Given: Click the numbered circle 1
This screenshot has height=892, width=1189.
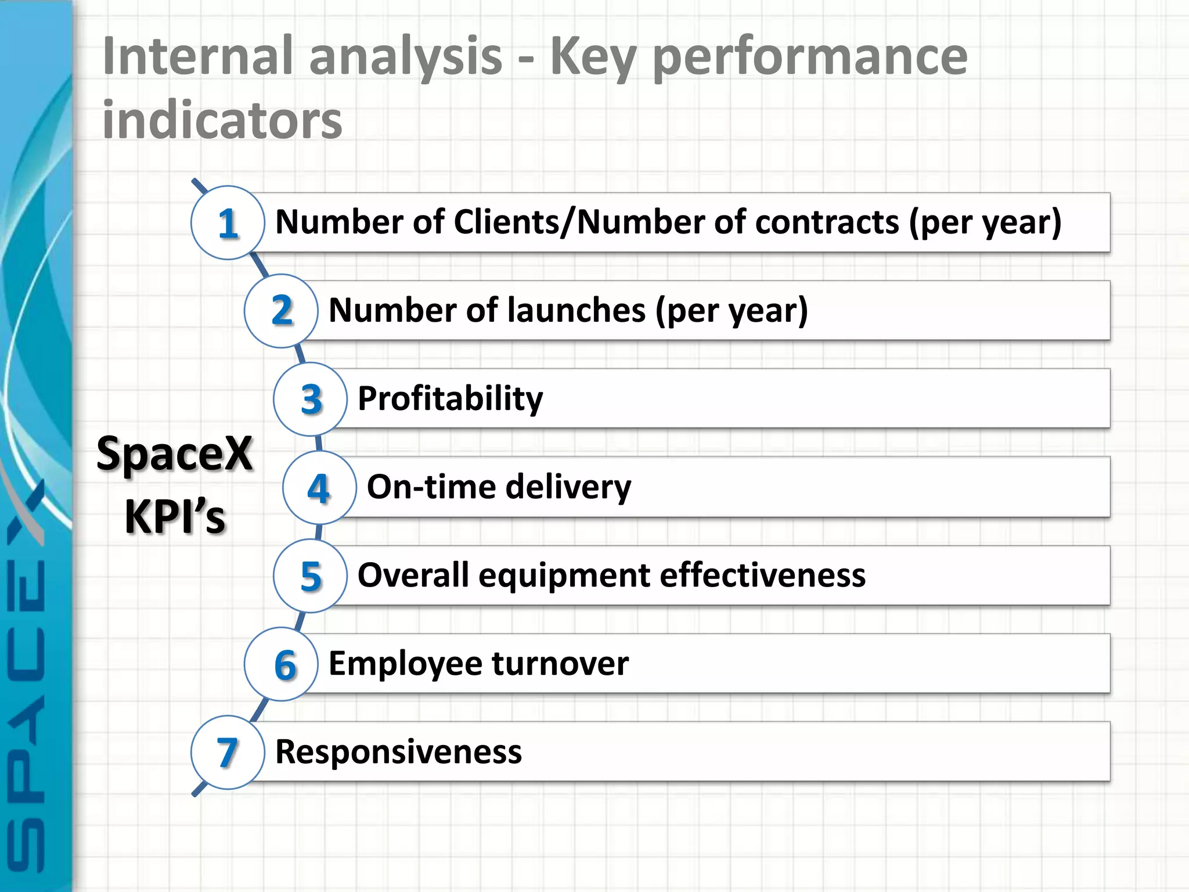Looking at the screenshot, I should click(x=228, y=223).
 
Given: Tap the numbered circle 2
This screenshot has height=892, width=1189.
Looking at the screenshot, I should click(x=282, y=311).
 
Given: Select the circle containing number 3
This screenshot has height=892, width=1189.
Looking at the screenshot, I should click(x=311, y=399).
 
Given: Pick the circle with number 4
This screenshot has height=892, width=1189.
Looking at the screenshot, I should click(x=319, y=488).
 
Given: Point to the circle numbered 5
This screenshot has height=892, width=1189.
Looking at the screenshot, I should click(x=311, y=576).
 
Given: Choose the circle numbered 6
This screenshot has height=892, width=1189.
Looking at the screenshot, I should click(x=282, y=664).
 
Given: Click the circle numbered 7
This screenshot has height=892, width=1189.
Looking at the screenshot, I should click(x=228, y=753).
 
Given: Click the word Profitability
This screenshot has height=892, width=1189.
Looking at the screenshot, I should click(x=451, y=399).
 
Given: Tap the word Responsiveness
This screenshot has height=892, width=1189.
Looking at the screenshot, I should click(x=398, y=752).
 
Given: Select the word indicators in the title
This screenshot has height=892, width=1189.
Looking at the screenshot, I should click(x=222, y=121).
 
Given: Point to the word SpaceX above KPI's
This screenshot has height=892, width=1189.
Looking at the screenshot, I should click(x=174, y=454).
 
